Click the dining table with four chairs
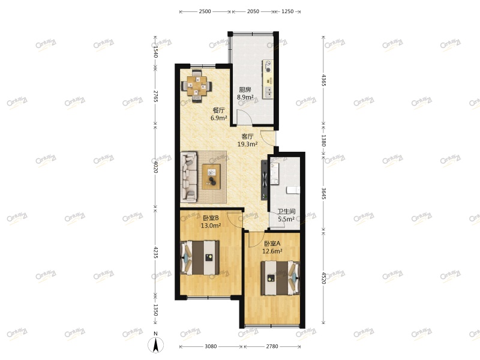click(x=197, y=85)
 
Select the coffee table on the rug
click(x=212, y=176)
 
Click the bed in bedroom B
click(x=200, y=257)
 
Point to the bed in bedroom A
click(x=280, y=278)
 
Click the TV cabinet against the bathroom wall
click(x=263, y=179)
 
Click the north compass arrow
click(x=155, y=344)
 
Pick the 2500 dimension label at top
click(x=205, y=12)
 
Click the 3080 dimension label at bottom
click(x=211, y=347)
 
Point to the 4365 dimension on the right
click(x=323, y=80)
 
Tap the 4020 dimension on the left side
click(x=155, y=166)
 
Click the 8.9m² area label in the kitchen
click(x=245, y=97)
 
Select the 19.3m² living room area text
click(x=247, y=144)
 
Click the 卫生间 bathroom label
click(x=286, y=211)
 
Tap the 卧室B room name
click(x=210, y=218)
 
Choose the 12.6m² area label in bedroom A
click(x=272, y=251)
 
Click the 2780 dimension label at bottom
click(x=272, y=347)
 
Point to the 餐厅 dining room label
click(x=218, y=110)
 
